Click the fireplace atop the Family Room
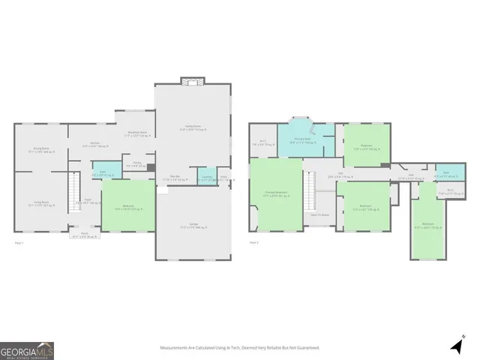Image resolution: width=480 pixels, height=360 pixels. tap(193, 82)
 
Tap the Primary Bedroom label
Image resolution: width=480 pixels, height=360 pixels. tap(276, 194)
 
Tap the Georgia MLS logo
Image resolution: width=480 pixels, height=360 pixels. tap(27, 350)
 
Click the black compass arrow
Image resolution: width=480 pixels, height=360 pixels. tap(457, 346)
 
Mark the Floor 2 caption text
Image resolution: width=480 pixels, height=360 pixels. tap(253, 242)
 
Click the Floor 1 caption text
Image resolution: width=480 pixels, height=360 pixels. tap(19, 242)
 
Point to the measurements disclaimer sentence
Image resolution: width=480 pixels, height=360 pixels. tap(239, 348)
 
